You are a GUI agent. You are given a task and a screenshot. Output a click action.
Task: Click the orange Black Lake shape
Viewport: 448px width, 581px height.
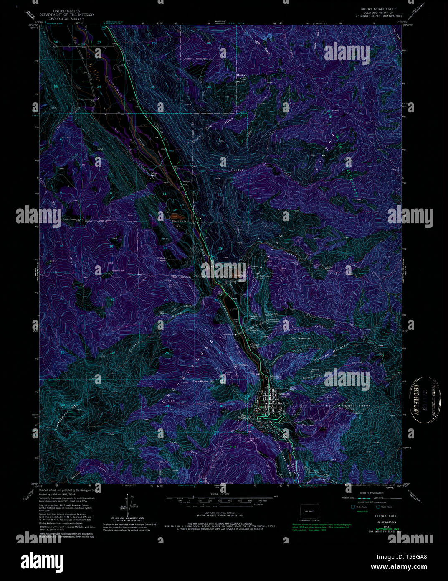point(174,216)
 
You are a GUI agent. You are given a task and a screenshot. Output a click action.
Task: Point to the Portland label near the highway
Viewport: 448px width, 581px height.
point(186,181)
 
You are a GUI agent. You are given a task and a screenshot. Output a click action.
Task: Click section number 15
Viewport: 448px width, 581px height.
point(111,246)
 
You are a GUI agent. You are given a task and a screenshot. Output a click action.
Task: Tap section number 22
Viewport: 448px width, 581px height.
point(112,299)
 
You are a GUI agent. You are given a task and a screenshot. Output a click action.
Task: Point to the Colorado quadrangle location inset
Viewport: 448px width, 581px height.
point(309,512)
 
